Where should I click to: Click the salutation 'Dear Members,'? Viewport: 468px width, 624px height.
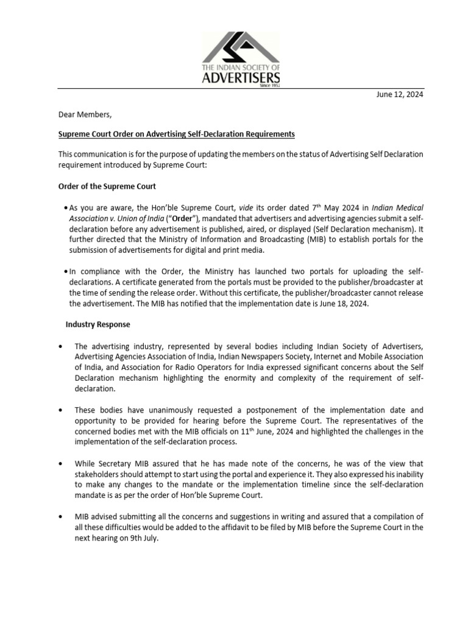tap(85, 114)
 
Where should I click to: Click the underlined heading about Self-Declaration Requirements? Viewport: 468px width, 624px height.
tap(177, 133)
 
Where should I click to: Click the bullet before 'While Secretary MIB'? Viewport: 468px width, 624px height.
tap(61, 463)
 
